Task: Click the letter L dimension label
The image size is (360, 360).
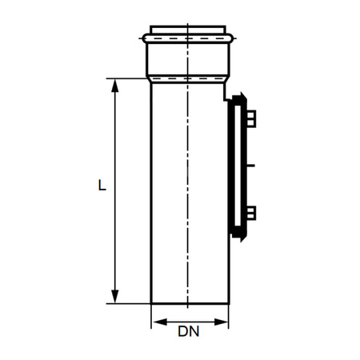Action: point(101,186)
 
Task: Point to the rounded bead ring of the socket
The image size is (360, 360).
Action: point(189,37)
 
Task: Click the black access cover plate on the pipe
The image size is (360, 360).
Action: point(237,168)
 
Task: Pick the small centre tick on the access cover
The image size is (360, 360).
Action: point(250,166)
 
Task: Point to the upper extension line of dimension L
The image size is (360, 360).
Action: point(128,78)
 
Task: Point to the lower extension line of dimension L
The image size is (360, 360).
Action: point(128,304)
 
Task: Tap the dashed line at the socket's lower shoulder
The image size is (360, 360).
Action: point(189,78)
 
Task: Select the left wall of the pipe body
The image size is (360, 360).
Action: point(152,192)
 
